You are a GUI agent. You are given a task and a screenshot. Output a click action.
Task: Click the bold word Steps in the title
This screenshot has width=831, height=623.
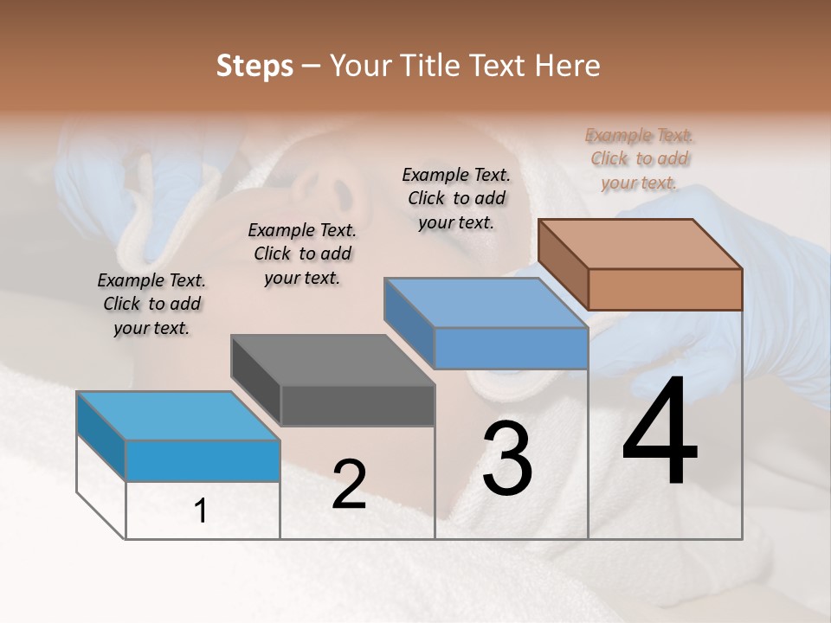click(254, 67)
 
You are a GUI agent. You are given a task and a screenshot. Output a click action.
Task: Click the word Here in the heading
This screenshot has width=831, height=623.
click(568, 67)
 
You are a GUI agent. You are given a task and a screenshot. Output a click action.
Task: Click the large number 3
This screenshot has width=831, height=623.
click(507, 459)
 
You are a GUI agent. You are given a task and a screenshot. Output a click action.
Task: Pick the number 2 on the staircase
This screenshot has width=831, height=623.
click(349, 485)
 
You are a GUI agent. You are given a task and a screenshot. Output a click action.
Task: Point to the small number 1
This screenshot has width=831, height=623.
click(201, 511)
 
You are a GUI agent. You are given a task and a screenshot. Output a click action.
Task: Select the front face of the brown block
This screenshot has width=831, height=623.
click(665, 289)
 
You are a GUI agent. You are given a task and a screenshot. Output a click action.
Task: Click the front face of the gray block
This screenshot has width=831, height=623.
click(358, 405)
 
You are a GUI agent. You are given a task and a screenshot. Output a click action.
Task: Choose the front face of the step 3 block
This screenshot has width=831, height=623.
click(511, 348)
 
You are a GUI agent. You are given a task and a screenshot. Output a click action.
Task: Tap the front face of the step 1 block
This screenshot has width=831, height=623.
click(203, 460)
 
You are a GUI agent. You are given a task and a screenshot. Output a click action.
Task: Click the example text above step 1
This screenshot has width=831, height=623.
click(151, 304)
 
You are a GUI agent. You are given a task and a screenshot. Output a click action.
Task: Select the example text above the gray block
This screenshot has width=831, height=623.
click(302, 254)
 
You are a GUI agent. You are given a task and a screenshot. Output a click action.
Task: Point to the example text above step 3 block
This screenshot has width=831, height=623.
click(456, 198)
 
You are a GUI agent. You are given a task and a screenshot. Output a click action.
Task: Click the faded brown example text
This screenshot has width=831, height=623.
click(639, 158)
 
